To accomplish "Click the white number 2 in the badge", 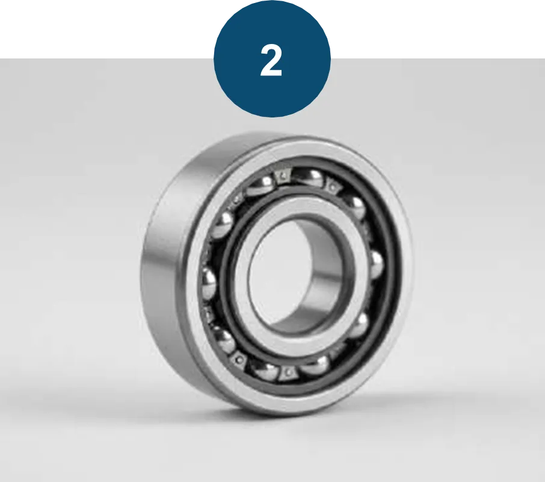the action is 271,61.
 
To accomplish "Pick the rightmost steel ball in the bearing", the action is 376,265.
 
